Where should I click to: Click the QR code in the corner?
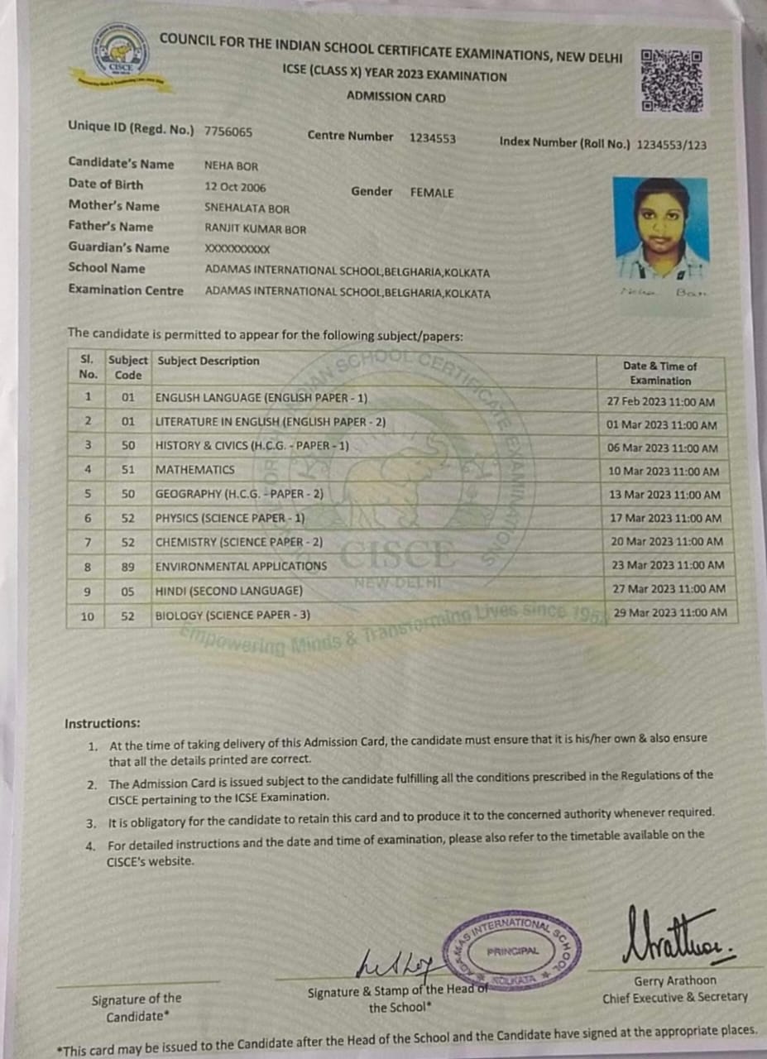[x=672, y=80]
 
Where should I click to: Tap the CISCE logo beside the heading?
[x=121, y=51]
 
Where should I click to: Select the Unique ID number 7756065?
[x=228, y=132]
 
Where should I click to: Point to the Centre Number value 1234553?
[x=432, y=138]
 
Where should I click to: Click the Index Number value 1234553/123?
[x=671, y=145]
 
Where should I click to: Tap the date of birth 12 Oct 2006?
[x=235, y=187]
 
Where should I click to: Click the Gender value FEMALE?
[x=432, y=193]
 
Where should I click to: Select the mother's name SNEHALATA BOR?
[x=247, y=208]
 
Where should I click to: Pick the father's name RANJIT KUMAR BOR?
[x=255, y=229]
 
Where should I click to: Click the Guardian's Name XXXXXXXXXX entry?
[x=237, y=249]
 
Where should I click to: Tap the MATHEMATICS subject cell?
[x=195, y=470]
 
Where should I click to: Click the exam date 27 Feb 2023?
[x=660, y=402]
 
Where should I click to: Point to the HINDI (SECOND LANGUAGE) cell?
[x=229, y=591]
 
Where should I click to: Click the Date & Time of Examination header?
[x=659, y=373]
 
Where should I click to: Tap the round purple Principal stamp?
[x=512, y=951]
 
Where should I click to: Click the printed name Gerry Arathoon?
[x=675, y=981]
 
